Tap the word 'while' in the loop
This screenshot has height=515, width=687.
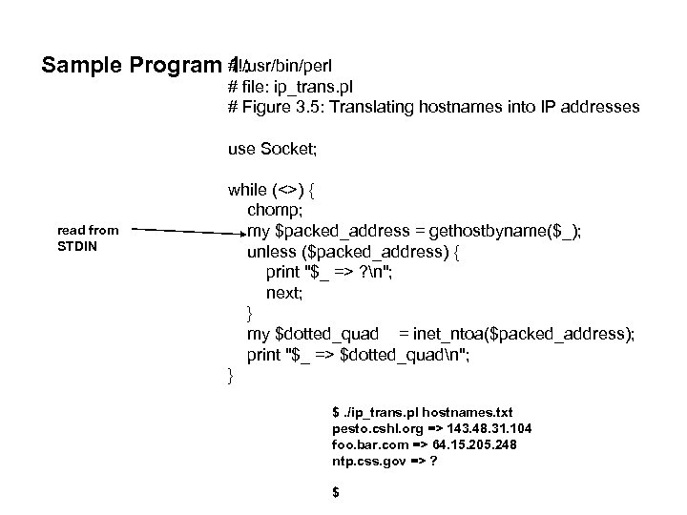coord(249,189)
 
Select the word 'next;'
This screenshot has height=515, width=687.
coord(284,293)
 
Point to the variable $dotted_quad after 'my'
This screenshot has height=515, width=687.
coord(324,334)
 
